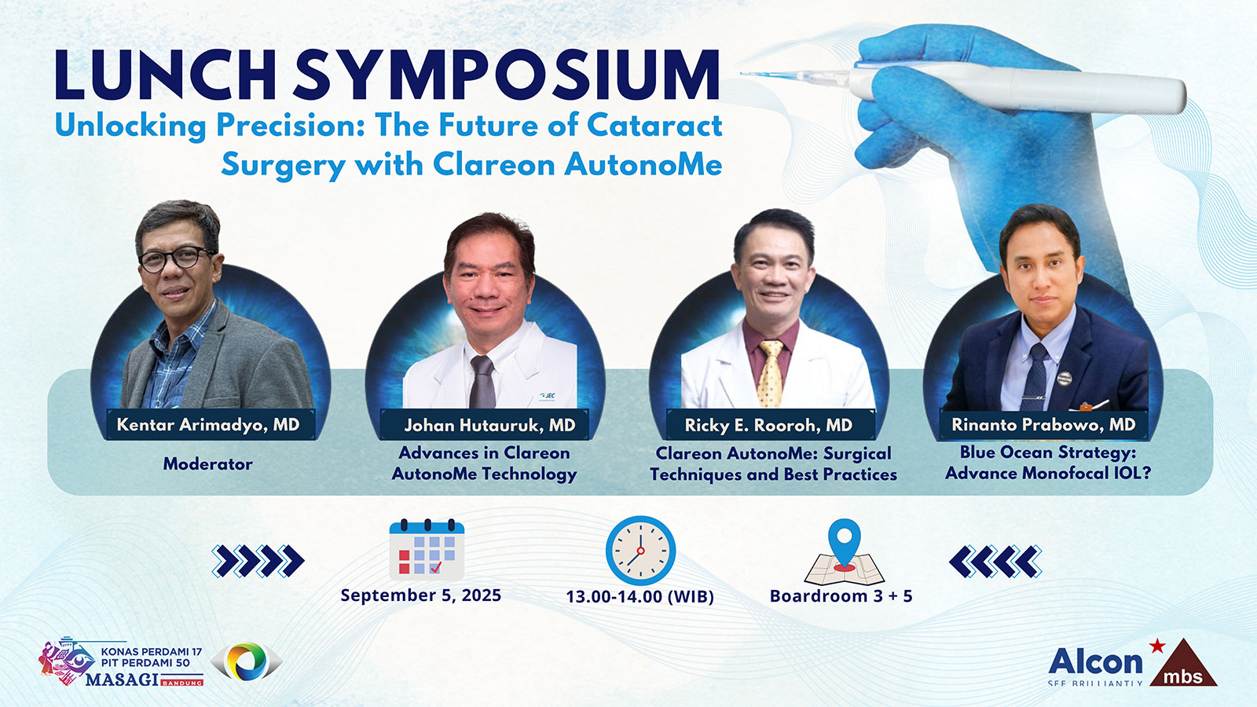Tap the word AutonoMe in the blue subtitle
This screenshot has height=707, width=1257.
coord(643,165)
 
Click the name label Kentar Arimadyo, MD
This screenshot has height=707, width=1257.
coord(208,425)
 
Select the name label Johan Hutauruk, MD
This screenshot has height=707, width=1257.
coord(489,425)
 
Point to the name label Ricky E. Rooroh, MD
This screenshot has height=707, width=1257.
coord(768,425)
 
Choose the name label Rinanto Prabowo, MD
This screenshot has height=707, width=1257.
coord(1043,424)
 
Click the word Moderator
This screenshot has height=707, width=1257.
coord(207,463)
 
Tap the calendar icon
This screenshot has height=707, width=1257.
coord(427,549)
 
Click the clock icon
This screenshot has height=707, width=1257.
coord(640,551)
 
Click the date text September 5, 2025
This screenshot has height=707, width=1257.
coord(421,595)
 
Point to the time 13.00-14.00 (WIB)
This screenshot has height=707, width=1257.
coord(639,596)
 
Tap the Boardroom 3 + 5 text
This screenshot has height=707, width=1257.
coord(841,596)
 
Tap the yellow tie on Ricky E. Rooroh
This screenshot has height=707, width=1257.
coord(771,373)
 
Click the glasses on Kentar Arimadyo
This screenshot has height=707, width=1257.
coord(176,258)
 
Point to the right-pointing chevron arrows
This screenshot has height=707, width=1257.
coord(258,561)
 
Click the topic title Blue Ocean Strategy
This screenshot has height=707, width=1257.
coord(1048,452)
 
